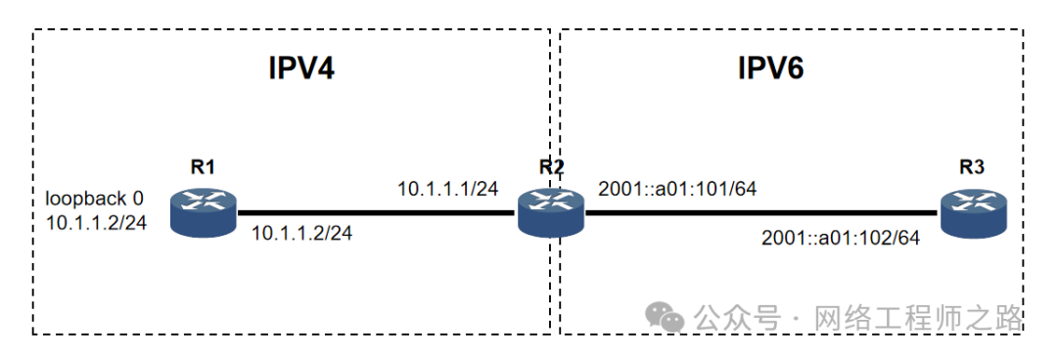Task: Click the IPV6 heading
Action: point(771,68)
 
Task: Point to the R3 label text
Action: point(972,168)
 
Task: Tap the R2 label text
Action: point(551,167)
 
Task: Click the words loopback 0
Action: point(94,199)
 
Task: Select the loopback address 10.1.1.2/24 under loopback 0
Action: point(96,222)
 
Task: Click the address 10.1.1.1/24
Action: point(447,189)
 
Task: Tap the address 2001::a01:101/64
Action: point(677,189)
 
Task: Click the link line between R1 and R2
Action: point(378,213)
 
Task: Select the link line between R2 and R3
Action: point(762,213)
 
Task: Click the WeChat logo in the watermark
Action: point(665,316)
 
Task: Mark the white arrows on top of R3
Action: point(974,204)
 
